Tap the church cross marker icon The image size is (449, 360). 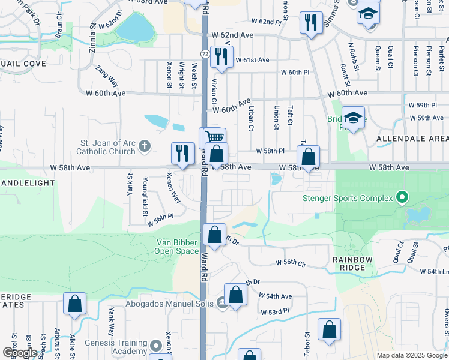coord(144,146)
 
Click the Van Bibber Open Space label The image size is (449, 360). coord(178,247)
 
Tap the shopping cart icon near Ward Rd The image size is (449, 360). coord(212,137)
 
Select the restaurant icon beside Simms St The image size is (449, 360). coord(310,22)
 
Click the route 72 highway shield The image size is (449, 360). coord(205,55)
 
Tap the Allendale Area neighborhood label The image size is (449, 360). coord(412,139)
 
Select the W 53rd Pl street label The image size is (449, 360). coord(275,313)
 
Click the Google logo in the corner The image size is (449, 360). coord(20,353)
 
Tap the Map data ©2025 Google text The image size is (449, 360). coord(412,355)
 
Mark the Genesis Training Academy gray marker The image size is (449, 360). coord(156,346)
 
